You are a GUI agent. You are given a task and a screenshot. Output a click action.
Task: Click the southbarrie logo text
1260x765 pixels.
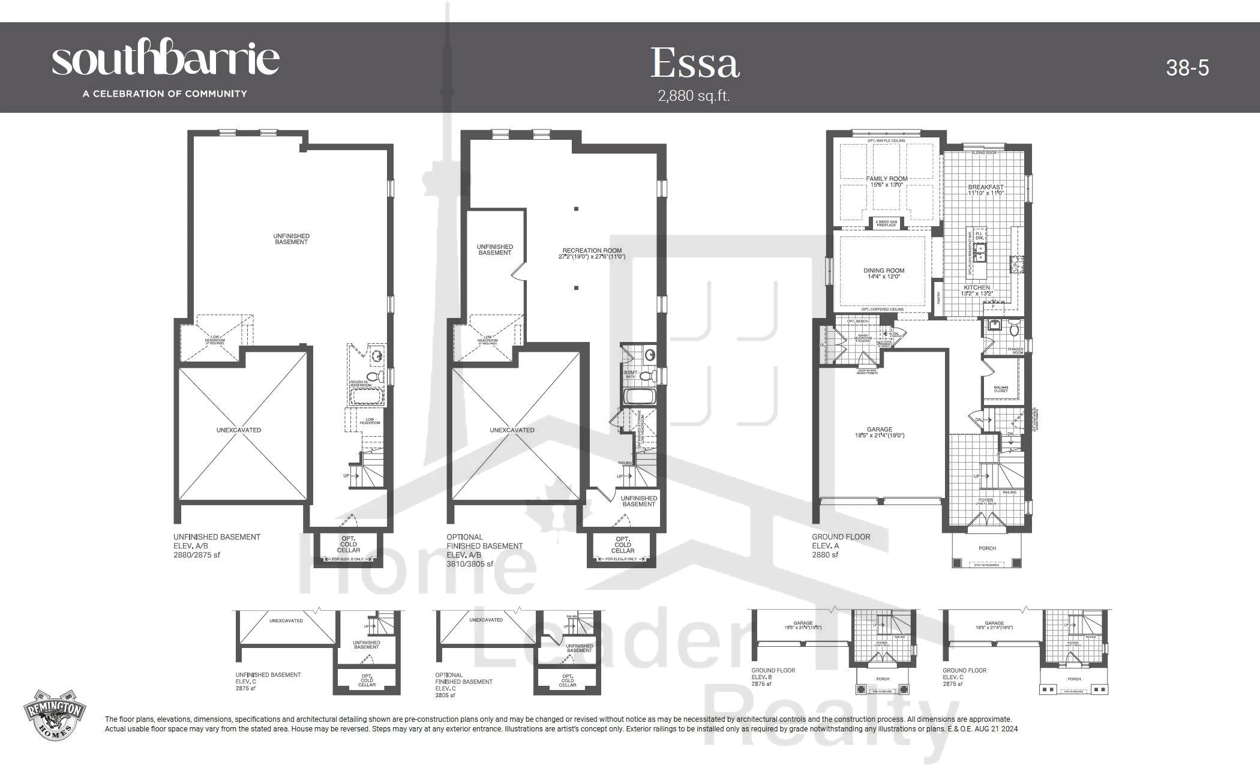point(166,59)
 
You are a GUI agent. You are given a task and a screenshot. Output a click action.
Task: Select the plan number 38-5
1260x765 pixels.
point(1187,68)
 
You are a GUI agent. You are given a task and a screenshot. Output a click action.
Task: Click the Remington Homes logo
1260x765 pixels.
point(55,713)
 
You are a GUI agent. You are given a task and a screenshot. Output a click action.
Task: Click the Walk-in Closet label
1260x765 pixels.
point(1000,389)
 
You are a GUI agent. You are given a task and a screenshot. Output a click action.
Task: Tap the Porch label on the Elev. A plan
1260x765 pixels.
point(987,548)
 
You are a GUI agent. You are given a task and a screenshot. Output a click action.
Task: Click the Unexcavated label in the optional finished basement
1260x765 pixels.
point(511,430)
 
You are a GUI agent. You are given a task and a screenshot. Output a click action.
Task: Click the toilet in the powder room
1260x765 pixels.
point(1015,329)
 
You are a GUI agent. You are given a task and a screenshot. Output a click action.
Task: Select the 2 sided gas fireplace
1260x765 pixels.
point(886,223)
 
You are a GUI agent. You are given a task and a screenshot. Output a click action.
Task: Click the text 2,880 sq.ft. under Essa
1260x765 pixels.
point(694,96)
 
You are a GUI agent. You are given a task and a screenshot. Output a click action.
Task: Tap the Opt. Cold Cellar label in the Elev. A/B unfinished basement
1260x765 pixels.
point(348,544)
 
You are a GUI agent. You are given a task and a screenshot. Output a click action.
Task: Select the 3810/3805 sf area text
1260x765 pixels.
point(470,564)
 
